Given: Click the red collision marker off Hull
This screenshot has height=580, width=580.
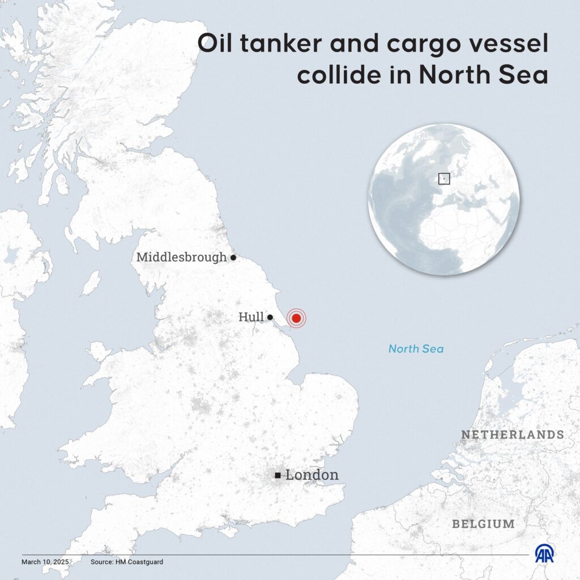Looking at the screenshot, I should (x=296, y=318).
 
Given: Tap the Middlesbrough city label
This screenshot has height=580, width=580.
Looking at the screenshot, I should (x=181, y=257).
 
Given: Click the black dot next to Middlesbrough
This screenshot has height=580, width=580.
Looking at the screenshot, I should (x=233, y=257).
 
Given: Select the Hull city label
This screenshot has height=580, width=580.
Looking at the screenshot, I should (x=251, y=317).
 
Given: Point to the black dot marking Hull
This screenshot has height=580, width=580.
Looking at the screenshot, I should (x=271, y=317).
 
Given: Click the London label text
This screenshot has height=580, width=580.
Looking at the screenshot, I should (x=312, y=475).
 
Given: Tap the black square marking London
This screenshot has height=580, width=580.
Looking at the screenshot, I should (x=278, y=475).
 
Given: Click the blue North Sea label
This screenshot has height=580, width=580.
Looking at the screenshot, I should (x=416, y=349).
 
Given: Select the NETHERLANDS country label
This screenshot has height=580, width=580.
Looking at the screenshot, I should (x=512, y=435).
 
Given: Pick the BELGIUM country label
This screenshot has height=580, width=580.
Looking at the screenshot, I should (x=483, y=524).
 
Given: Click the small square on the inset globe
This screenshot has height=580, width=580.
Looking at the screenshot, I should (x=444, y=178).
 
